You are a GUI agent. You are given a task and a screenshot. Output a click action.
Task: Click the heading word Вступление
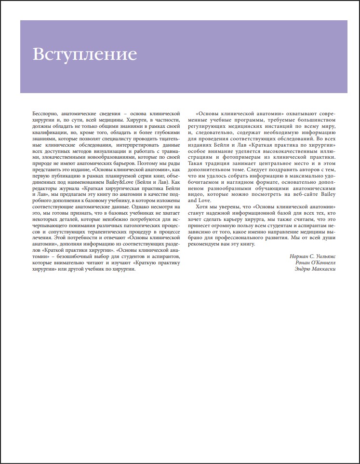coord(85,53)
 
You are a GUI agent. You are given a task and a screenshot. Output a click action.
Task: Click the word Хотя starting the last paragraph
coord(201,207)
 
